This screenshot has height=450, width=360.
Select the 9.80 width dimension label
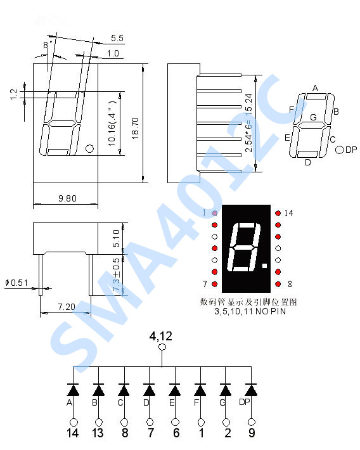67,198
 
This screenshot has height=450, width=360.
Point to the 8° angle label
47,45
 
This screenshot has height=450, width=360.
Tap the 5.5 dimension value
117,38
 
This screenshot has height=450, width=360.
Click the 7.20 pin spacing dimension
67,307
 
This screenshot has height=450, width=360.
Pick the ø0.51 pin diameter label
16,283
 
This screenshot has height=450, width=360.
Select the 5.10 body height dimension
115,238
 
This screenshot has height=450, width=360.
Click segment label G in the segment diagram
313,117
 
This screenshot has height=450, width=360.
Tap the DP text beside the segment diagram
352,150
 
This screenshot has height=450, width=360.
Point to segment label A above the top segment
315,88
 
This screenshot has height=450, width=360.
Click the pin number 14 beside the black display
289,213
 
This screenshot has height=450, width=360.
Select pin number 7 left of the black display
204,284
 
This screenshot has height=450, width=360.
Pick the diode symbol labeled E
175,389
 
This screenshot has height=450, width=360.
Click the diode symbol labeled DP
252,389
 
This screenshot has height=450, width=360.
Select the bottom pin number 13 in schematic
99,434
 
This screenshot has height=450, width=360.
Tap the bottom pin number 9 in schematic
252,434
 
